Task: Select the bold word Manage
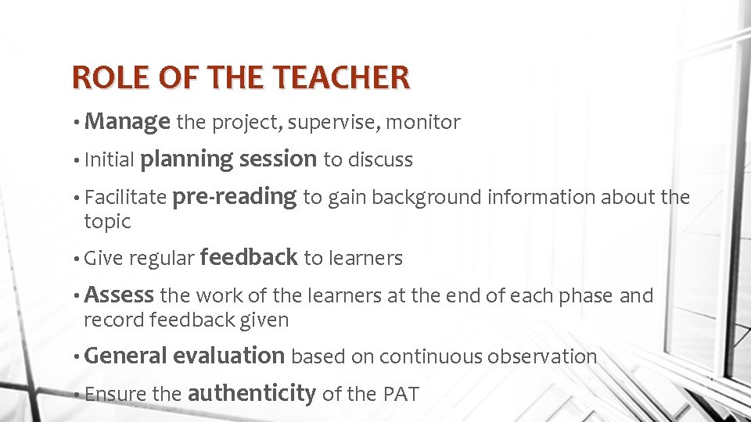point(128,122)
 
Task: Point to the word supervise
point(340,123)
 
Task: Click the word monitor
point(424,123)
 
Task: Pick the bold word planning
point(186,159)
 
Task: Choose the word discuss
point(380,160)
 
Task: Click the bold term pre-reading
point(234,197)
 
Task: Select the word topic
point(107,222)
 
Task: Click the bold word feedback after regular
point(249,257)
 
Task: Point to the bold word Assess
point(119,295)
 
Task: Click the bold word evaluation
point(228,356)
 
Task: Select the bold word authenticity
point(251,393)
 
